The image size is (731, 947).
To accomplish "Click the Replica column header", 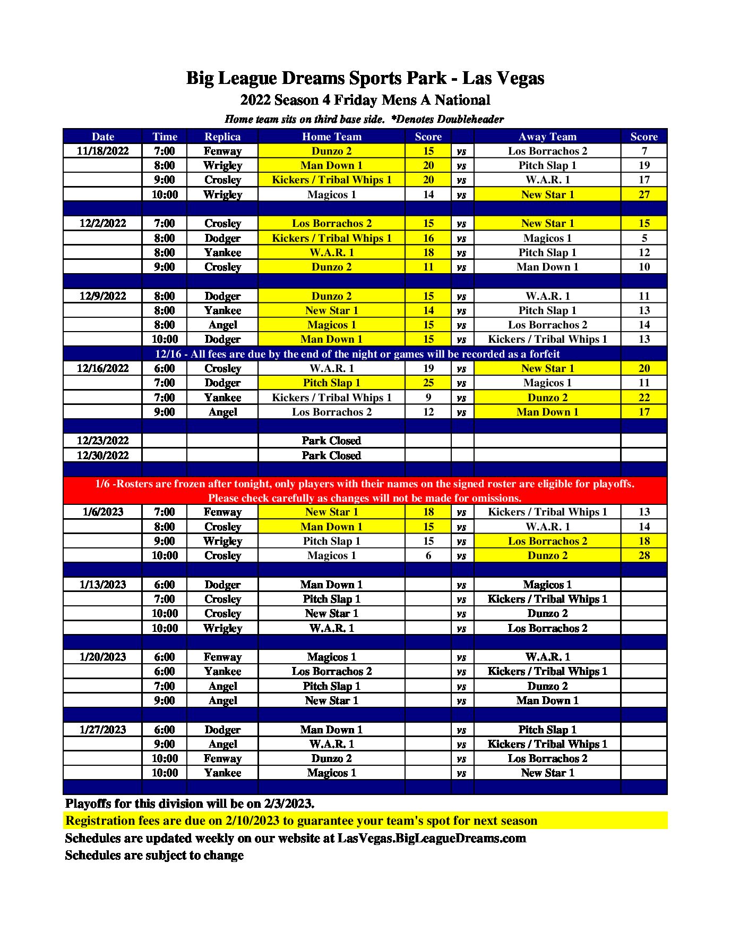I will point(222,137).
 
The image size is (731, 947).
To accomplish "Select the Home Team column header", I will point(331,137).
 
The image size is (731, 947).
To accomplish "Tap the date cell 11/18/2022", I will point(102,151).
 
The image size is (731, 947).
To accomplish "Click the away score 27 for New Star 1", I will point(643,195).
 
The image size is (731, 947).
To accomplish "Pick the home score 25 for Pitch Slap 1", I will point(428,383).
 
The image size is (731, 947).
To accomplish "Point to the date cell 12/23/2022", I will point(102,441).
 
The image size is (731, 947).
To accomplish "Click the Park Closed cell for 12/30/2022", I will point(331,455).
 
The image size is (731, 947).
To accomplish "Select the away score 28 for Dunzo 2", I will point(643,555).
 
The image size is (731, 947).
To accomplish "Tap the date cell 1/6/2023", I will point(102,512).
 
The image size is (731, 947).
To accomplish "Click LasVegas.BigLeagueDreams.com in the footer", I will point(432,838).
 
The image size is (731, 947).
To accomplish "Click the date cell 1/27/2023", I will point(102,730).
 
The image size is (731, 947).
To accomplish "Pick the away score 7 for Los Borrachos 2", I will point(643,151).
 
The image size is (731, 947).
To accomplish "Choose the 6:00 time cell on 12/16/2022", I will point(165,368).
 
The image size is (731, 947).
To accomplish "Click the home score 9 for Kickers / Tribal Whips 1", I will point(428,398).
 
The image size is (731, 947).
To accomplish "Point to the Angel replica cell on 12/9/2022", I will point(222,325).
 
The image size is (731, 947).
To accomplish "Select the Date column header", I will point(102,137).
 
